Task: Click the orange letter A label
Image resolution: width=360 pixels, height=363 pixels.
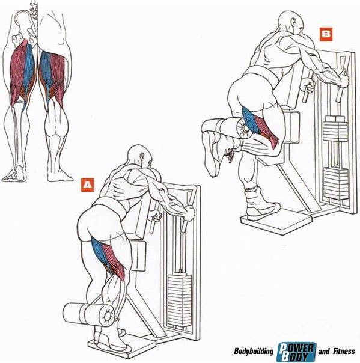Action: click(x=88, y=185)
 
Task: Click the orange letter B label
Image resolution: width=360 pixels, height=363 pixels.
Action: click(x=326, y=34)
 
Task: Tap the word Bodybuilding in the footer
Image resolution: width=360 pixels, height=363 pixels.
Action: click(x=254, y=351)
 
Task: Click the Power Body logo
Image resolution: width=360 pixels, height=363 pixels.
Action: click(x=296, y=352)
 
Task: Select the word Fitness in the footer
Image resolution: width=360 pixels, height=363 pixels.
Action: click(x=344, y=351)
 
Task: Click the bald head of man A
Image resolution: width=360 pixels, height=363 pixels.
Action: click(x=139, y=156)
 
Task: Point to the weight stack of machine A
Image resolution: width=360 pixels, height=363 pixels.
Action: click(x=180, y=300)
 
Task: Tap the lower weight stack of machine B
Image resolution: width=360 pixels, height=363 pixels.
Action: click(x=335, y=183)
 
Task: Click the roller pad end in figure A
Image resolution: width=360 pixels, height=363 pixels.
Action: click(x=107, y=316)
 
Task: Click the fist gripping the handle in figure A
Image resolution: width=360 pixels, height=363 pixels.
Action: click(x=189, y=213)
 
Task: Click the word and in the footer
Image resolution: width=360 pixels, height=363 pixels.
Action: click(x=324, y=352)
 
